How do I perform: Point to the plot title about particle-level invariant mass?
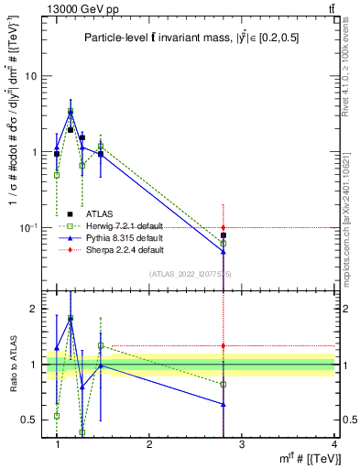(x=191, y=38)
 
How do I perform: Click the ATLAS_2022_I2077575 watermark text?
(x=191, y=274)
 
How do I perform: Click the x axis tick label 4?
(x=334, y=444)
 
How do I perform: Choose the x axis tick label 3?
(x=242, y=444)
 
